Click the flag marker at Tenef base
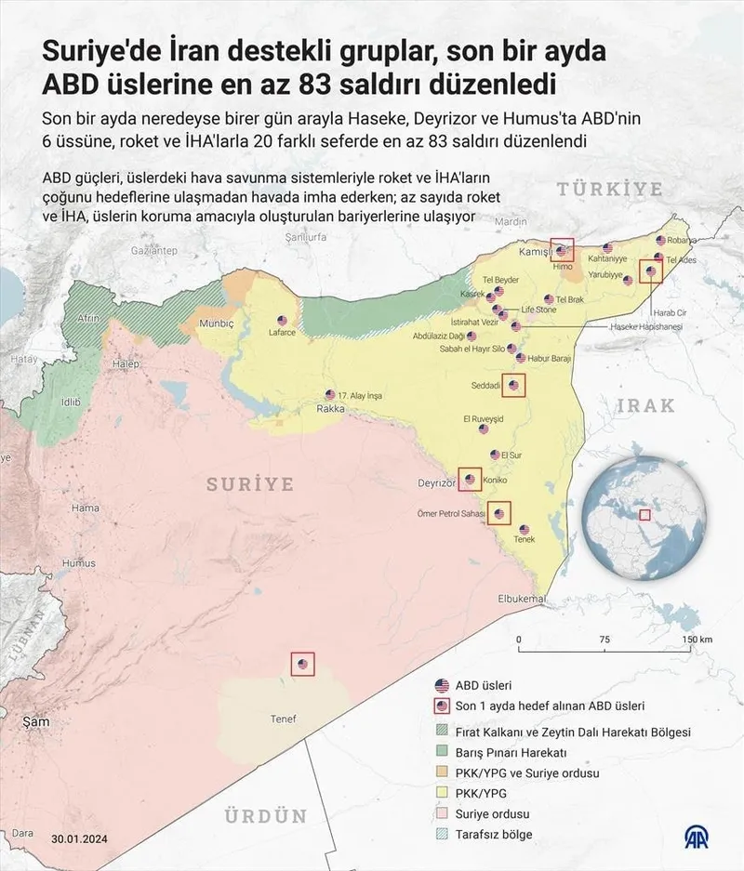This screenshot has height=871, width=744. click(x=302, y=664)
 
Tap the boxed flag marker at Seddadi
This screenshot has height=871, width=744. click(x=513, y=384)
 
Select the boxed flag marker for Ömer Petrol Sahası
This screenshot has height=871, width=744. click(x=500, y=513)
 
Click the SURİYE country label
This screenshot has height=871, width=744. click(x=250, y=484)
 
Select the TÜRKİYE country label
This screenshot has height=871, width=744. click(x=610, y=190)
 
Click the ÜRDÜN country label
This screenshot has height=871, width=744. click(x=265, y=816)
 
